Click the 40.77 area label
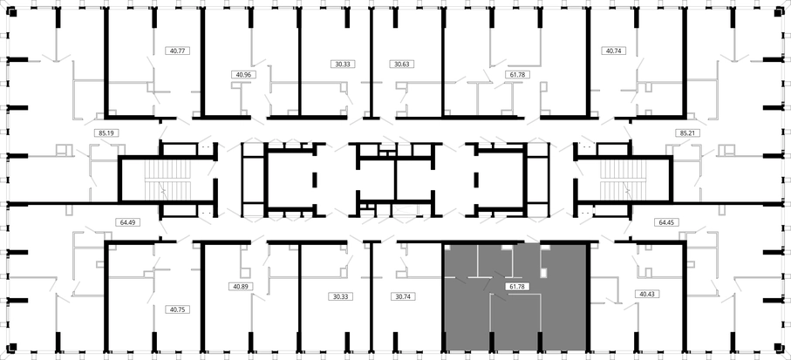click(x=178, y=51)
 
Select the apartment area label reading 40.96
click(x=243, y=74)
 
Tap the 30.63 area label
click(x=402, y=64)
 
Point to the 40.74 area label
click(x=613, y=51)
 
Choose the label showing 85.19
click(x=106, y=133)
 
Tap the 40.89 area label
click(x=241, y=286)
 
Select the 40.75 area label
click(x=178, y=310)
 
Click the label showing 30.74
click(x=403, y=296)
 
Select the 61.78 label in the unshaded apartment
click(x=516, y=74)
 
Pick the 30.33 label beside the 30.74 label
click(x=339, y=296)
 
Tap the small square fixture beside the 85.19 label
click(x=64, y=150)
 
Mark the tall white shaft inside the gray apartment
click(x=544, y=262)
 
